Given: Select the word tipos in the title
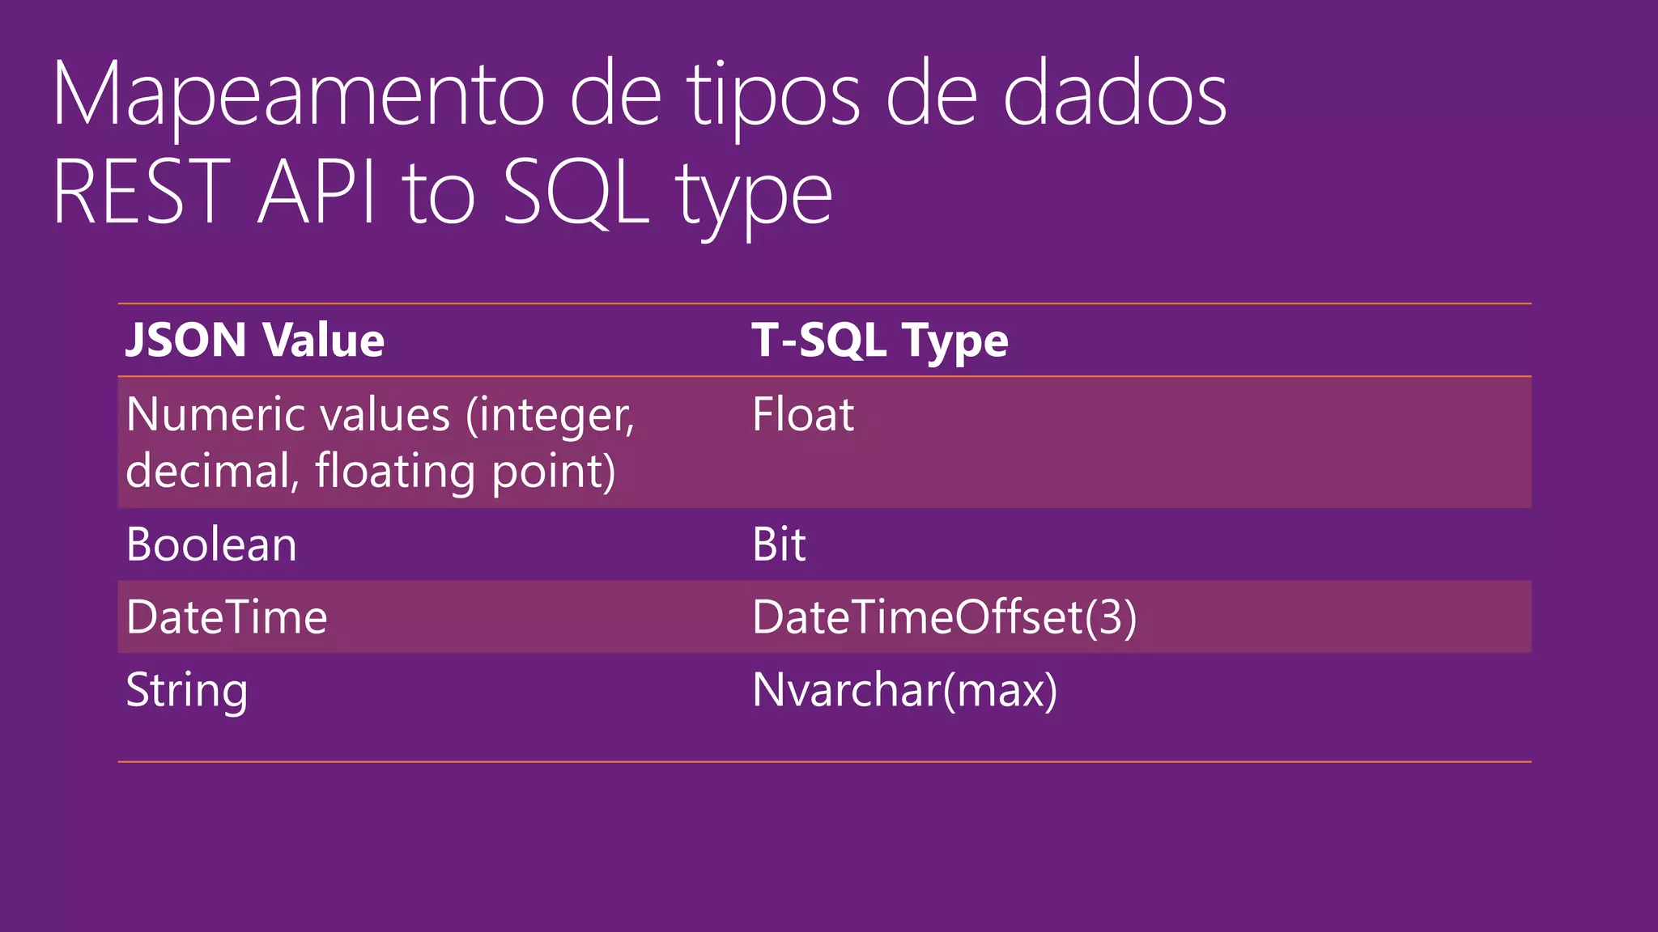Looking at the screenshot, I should click(x=774, y=95).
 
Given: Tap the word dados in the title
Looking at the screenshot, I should click(x=1115, y=95).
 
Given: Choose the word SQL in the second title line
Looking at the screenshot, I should click(x=576, y=193).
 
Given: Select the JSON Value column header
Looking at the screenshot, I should click(x=255, y=340).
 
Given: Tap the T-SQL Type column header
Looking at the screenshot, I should click(x=880, y=340).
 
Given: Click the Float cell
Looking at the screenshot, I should click(x=802, y=415).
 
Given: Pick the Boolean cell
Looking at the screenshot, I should click(x=211, y=544).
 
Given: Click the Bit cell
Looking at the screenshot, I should click(x=779, y=544).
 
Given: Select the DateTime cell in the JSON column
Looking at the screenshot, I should click(x=227, y=617).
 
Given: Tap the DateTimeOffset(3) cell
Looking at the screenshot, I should click(x=944, y=617).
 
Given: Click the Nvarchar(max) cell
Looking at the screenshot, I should click(x=904, y=690).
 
